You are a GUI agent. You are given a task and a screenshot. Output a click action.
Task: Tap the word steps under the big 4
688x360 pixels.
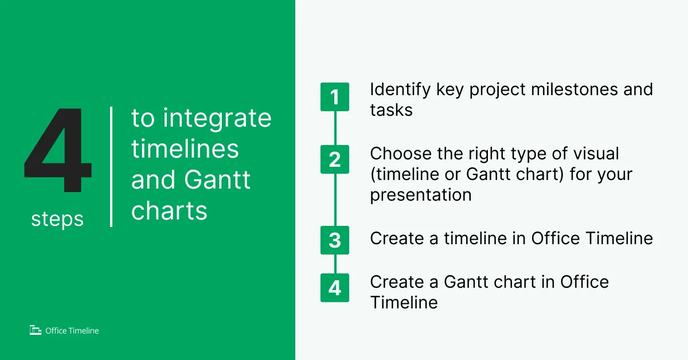pyautogui.click(x=57, y=220)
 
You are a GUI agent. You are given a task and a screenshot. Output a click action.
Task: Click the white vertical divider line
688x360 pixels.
pyautogui.click(x=111, y=167)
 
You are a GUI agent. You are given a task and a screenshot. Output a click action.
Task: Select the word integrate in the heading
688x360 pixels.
pyautogui.click(x=217, y=119)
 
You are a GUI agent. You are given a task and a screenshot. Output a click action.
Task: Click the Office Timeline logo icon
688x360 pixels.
pyautogui.click(x=36, y=330)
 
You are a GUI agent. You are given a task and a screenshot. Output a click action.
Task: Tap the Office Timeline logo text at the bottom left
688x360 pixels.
pyautogui.click(x=72, y=331)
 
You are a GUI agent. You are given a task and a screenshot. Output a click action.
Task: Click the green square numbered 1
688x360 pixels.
pyautogui.click(x=335, y=97)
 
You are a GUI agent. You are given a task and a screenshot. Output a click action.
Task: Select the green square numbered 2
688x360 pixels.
pyautogui.click(x=335, y=159)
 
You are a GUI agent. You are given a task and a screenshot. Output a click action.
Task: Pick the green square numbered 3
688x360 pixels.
pyautogui.click(x=335, y=240)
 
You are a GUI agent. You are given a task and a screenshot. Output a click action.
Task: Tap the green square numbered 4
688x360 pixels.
pyautogui.click(x=335, y=288)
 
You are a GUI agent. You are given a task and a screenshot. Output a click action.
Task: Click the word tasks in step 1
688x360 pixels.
pyautogui.click(x=391, y=110)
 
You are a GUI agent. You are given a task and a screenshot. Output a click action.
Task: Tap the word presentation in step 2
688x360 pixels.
pyautogui.click(x=421, y=195)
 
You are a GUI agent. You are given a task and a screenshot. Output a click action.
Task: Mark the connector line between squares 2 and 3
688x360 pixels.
pyautogui.click(x=335, y=200)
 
